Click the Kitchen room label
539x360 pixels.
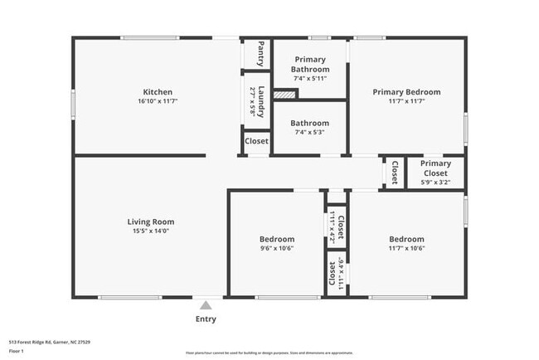pyautogui.click(x=158, y=92)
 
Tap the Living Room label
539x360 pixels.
pyautogui.click(x=150, y=221)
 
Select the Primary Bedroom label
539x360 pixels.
pyautogui.click(x=406, y=92)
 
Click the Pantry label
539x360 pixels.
pyautogui.click(x=260, y=53)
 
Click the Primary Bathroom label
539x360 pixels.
pyautogui.click(x=309, y=65)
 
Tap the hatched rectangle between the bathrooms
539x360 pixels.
pyautogui.click(x=284, y=95)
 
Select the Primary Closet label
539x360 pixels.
pyautogui.click(x=435, y=168)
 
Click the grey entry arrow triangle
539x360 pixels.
pyautogui.click(x=206, y=305)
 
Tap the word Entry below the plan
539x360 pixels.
pyautogui.click(x=206, y=319)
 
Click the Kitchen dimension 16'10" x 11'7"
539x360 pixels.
pyautogui.click(x=158, y=101)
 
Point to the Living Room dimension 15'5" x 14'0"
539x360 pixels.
pyautogui.click(x=150, y=231)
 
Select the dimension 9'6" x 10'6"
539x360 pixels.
pyautogui.click(x=277, y=248)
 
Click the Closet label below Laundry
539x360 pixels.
pyautogui.click(x=256, y=141)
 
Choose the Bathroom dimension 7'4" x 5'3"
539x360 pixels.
pyautogui.click(x=309, y=132)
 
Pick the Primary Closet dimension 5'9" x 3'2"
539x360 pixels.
pyautogui.click(x=435, y=182)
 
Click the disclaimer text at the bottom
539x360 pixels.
pyautogui.click(x=269, y=353)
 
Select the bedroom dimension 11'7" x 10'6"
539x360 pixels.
pyautogui.click(x=406, y=248)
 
